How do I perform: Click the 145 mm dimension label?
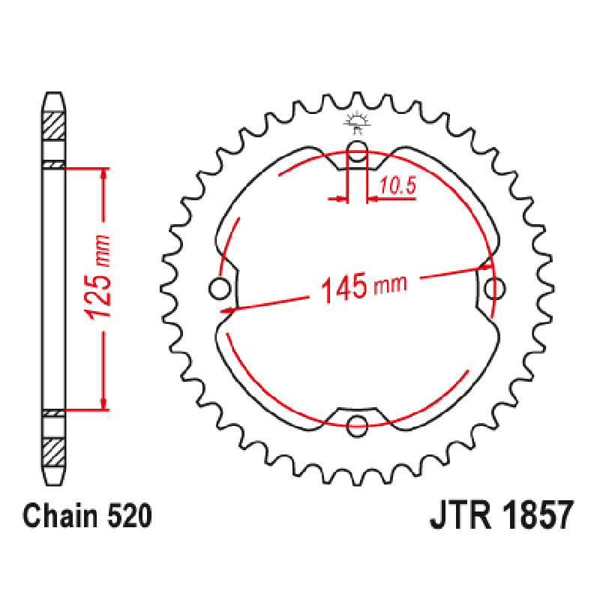click(363, 286)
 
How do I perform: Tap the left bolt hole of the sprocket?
click(219, 287)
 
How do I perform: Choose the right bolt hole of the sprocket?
click(495, 287)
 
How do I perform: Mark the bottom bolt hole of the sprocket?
click(358, 427)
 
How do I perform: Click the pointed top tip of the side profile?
click(53, 94)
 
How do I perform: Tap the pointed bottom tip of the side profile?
click(53, 484)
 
